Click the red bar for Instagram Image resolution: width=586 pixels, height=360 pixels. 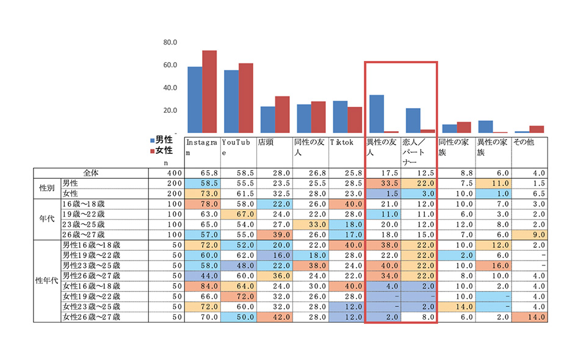[x=210, y=92]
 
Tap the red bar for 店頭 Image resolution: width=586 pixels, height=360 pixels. [x=282, y=114]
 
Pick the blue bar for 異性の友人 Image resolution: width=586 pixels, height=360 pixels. [x=377, y=114]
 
